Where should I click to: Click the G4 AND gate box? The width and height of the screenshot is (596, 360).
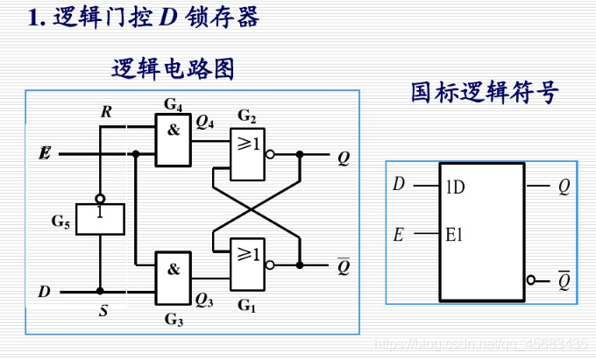pos(174,141)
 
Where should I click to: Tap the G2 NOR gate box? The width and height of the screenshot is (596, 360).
pos(247,154)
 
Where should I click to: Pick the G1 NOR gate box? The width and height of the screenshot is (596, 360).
pos(247,264)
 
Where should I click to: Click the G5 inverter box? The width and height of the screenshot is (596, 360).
pos(100,218)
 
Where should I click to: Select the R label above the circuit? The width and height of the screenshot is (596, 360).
pos(106,111)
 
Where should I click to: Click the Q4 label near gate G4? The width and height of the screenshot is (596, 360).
pos(205,123)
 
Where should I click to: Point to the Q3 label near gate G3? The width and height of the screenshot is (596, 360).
pos(204,300)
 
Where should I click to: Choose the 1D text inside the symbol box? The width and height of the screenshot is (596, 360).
pos(455,187)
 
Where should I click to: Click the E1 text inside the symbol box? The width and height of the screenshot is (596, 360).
pos(455,235)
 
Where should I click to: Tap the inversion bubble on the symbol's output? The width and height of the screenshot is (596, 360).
pos(531,280)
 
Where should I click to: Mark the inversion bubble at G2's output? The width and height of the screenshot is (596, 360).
pos(270,154)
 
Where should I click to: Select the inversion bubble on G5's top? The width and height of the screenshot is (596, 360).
pos(100,198)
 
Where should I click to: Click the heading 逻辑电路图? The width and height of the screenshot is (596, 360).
pos(173,68)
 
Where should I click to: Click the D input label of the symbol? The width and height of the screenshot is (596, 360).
pos(399,185)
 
